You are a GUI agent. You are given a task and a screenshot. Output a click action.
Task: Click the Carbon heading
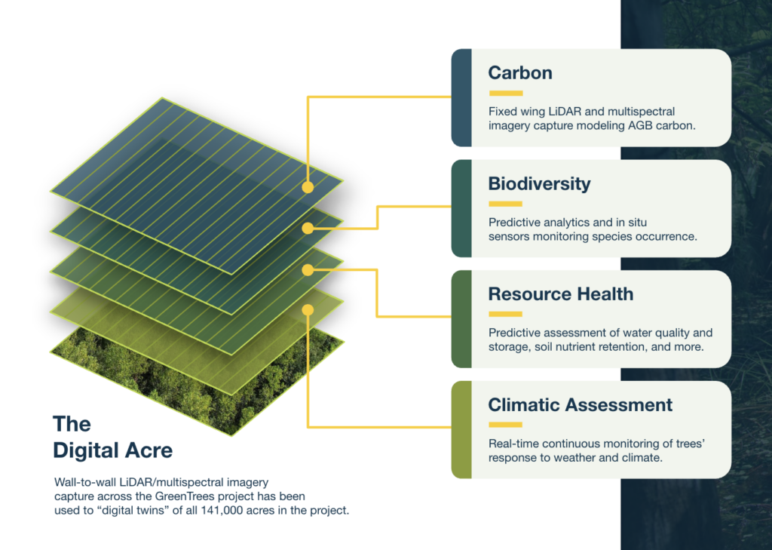[x=520, y=73]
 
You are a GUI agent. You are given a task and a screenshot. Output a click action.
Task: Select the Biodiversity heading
[x=539, y=184]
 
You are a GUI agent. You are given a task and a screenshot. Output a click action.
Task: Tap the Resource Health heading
[x=561, y=294]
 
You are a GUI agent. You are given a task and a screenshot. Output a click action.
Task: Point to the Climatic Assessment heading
[x=580, y=405]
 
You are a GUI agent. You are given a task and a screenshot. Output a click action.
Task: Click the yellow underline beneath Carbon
[x=506, y=93]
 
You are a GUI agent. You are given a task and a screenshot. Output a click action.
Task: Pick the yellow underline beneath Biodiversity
[x=506, y=204]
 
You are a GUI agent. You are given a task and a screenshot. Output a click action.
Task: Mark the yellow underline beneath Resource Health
[x=506, y=314]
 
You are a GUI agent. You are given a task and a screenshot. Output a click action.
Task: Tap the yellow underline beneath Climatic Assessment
[x=506, y=424]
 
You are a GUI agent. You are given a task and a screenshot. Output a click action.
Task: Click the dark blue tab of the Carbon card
[x=461, y=97]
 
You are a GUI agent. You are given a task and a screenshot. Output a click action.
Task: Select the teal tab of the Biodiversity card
[x=461, y=208]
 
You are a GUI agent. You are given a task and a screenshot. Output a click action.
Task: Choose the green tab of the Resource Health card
[x=461, y=319]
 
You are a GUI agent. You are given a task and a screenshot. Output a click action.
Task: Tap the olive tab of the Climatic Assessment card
[x=461, y=429]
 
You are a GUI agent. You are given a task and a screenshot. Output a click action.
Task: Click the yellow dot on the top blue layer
[x=308, y=187]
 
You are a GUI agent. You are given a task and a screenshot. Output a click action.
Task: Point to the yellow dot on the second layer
[x=308, y=228]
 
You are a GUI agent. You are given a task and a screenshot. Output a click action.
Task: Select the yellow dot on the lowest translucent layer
[x=308, y=309]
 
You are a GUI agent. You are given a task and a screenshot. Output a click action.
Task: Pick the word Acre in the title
[x=148, y=450]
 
